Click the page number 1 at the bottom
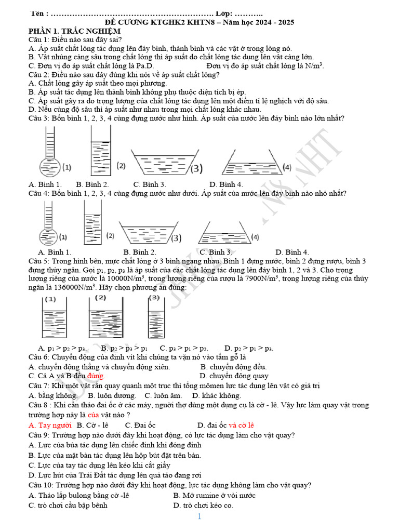pyautogui.click(x=199, y=516)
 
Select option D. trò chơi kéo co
pyautogui.click(x=203, y=505)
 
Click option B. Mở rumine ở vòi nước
pyautogui.click(x=214, y=495)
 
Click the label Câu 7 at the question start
pyautogui.click(x=39, y=386)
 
